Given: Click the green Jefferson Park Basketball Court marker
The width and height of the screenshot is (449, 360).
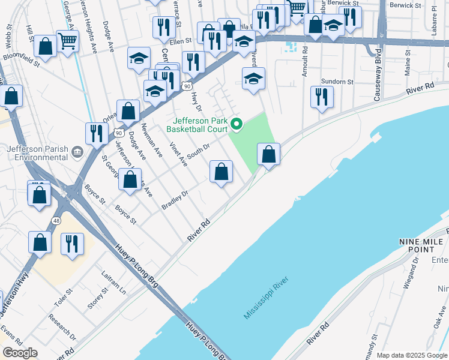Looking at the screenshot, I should click(237, 125).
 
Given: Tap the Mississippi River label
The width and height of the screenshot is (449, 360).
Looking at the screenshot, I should click(267, 298).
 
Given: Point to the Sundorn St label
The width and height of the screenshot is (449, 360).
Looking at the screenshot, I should click(336, 82).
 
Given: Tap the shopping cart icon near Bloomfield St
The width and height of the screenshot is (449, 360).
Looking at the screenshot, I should click(67, 41).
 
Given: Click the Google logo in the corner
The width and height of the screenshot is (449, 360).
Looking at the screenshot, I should click(20, 353).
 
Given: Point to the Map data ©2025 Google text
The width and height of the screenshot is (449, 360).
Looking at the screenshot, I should click(412, 355).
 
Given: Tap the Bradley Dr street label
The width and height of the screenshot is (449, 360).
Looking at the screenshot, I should click(175, 200).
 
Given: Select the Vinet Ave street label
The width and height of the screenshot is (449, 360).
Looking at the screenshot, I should click(175, 153).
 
